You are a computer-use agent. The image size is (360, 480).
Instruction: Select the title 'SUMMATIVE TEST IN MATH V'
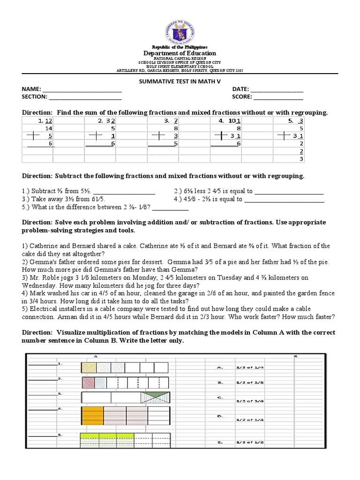pyautogui.click(x=180, y=81)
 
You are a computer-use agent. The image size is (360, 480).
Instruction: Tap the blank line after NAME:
pyautogui.click(x=82, y=90)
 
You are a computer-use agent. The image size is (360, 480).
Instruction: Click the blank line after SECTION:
pyautogui.click(x=85, y=97)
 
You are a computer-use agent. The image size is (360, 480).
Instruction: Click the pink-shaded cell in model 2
pyautogui.click(x=89, y=382)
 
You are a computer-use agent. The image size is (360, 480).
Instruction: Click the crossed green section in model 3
pyautogui.click(x=155, y=398)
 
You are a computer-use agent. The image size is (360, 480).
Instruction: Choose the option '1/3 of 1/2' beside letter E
pyautogui.click(x=249, y=442)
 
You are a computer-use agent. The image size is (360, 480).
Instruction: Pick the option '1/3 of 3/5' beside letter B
pyautogui.click(x=249, y=382)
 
